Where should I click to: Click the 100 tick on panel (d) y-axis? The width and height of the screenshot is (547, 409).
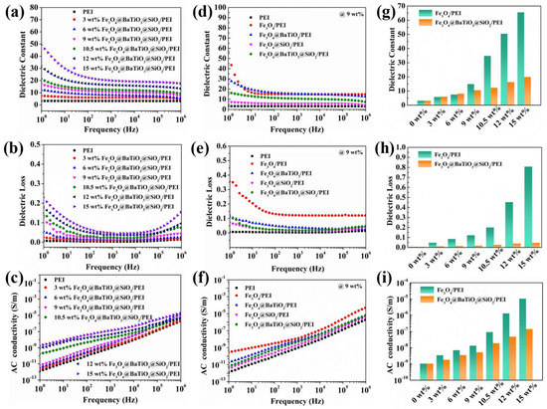click(x=216, y=10)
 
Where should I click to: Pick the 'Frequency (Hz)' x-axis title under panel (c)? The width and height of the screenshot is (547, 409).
click(x=101, y=402)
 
